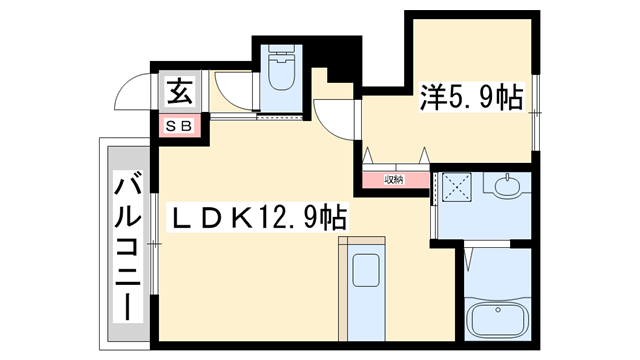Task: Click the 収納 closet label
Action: click(x=394, y=180)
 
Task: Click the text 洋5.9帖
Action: click(x=472, y=98)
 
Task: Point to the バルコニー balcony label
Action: click(x=127, y=244)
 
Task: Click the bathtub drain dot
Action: click(x=478, y=323)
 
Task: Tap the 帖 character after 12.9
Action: click(x=333, y=214)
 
